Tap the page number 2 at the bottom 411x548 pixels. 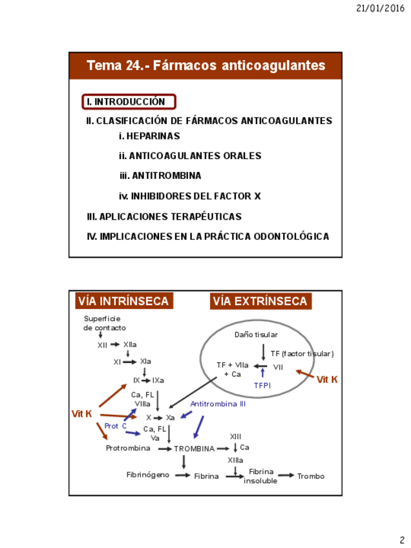tap(401, 540)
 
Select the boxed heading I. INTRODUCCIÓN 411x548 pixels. tap(129, 101)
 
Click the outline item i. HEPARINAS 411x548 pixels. tap(149, 136)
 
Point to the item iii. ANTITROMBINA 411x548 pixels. tap(160, 176)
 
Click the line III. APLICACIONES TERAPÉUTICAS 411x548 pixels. tap(164, 216)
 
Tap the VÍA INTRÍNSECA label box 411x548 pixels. tap(123, 301)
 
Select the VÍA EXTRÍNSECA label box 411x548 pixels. tap(260, 301)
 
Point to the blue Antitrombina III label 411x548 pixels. tap(218, 404)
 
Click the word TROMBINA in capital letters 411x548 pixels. tap(194, 448)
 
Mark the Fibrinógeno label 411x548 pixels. tap(148, 475)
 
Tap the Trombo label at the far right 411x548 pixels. tap(311, 476)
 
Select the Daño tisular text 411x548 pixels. tap(256, 335)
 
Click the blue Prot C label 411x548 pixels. tap(116, 426)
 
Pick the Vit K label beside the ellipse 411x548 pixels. tap(327, 380)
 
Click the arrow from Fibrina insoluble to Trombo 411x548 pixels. tap(286, 476)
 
